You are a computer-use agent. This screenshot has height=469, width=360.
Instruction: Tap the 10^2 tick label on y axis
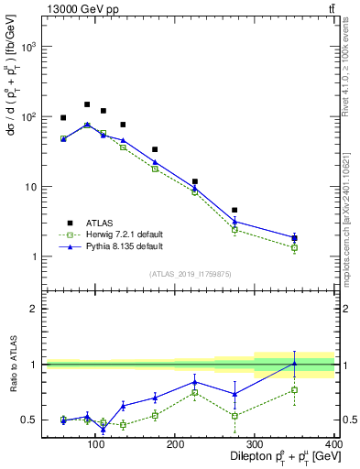(x=27, y=117)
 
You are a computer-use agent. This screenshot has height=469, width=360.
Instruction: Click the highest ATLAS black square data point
(x=87, y=104)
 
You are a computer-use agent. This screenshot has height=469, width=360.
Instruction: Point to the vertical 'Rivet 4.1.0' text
(x=351, y=64)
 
